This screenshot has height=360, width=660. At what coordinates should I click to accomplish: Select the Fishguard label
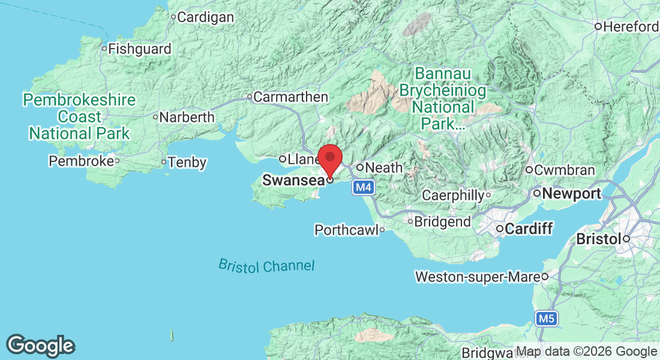(140, 49)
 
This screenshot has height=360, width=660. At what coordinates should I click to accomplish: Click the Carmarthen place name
(291, 97)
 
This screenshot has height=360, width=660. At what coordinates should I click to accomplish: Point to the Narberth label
(187, 117)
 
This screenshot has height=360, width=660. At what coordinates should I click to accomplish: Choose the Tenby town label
(187, 162)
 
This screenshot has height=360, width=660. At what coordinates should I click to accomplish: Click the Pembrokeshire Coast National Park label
(79, 116)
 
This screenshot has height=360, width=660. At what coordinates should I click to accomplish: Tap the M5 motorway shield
(546, 318)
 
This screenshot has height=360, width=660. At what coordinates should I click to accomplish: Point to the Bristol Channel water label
(266, 266)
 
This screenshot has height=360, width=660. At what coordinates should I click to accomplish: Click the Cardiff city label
(529, 229)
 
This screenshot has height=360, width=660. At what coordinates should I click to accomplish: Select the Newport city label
(572, 194)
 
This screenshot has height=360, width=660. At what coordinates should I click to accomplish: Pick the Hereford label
(631, 26)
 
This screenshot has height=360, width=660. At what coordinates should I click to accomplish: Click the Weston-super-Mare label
(478, 277)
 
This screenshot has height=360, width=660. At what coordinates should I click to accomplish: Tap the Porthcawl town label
(346, 230)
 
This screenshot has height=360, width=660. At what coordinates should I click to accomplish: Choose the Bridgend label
(443, 221)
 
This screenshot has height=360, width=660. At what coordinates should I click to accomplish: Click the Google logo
(41, 346)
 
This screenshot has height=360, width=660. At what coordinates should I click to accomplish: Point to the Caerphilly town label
(453, 195)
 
